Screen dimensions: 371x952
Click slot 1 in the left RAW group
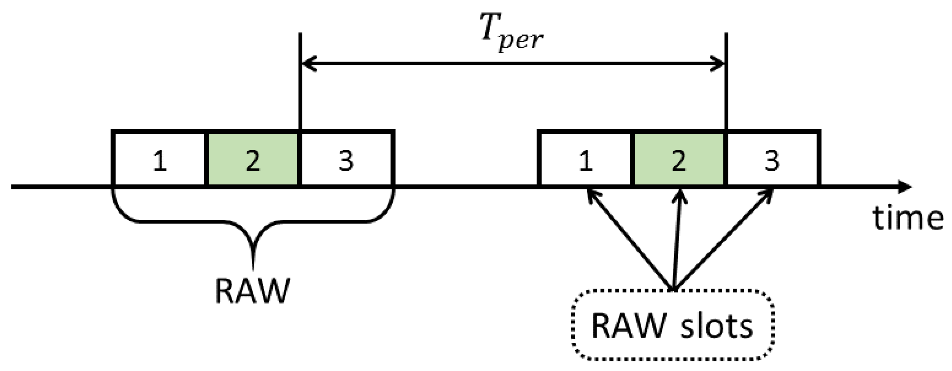pos(159,159)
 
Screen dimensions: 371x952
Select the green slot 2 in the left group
pos(252,159)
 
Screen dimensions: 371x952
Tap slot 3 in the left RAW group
pos(347,159)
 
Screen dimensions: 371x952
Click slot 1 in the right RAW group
pos(585,159)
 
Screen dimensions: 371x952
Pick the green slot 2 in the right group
pos(679,159)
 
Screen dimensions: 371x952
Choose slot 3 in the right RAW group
pos(773,159)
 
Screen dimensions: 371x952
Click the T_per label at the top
pos(512,32)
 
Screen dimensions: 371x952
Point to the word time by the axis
pos(907,218)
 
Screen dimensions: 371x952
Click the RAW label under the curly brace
pos(252,291)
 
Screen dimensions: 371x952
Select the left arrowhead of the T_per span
pos(309,63)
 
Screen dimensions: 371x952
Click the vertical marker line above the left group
pos(300,81)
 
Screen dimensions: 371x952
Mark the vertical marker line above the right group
pos(726,81)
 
